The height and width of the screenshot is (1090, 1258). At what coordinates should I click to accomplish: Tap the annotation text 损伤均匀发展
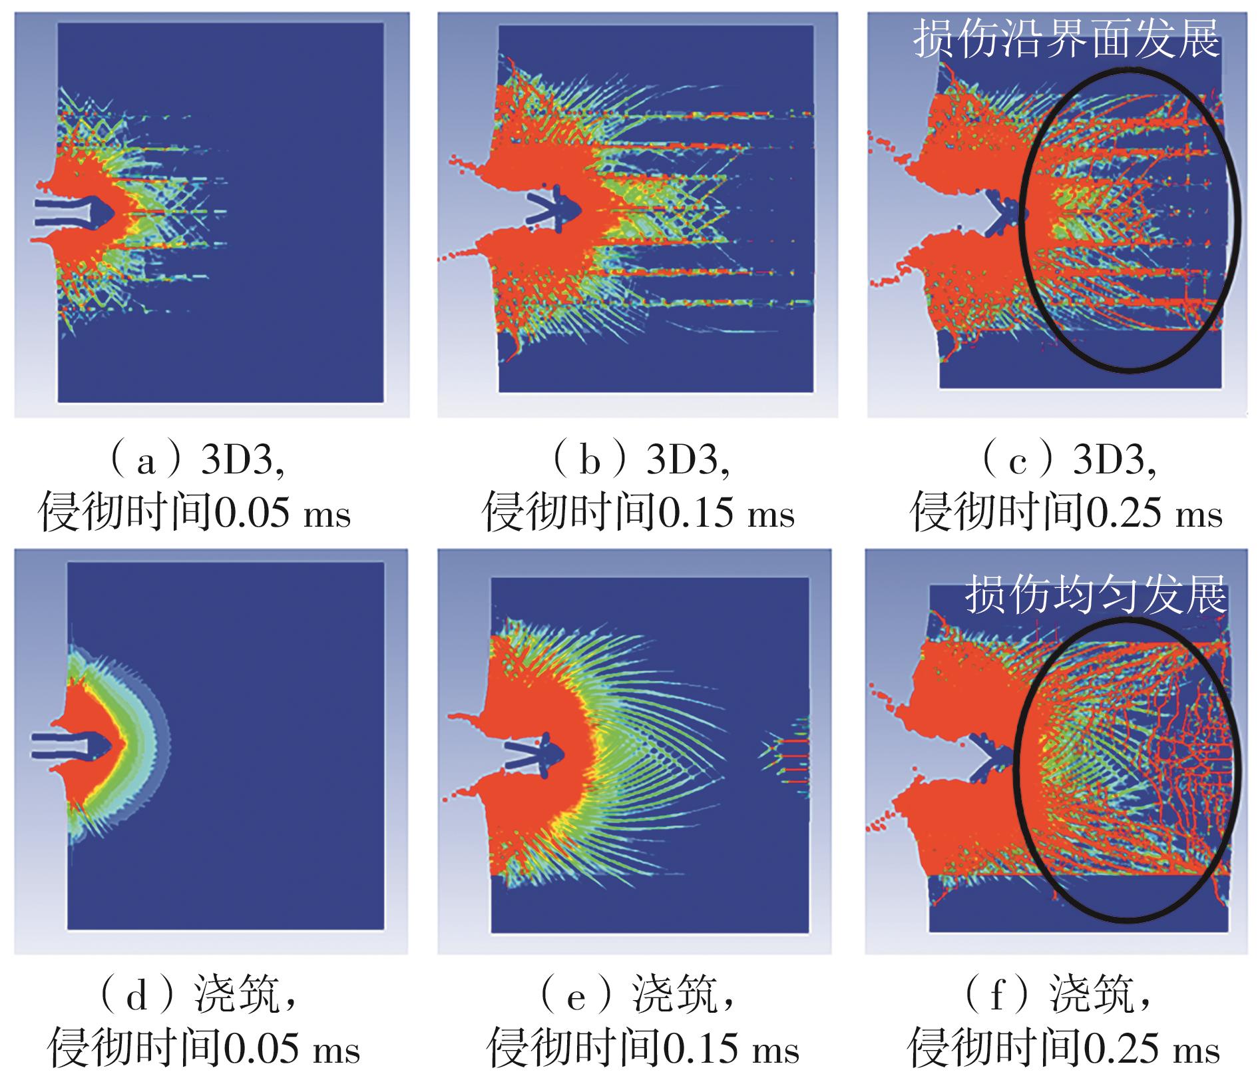[x=1095, y=595]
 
